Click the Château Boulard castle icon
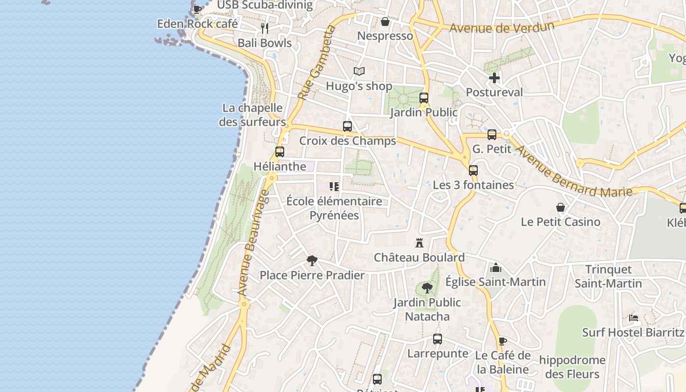coord(419,243)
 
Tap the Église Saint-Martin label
coord(495,282)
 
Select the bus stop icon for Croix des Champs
coord(347,126)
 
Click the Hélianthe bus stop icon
coord(280,152)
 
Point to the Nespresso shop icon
coord(385,22)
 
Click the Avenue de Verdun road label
coord(502,27)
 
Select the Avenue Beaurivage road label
coord(253,243)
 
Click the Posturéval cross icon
coord(494,78)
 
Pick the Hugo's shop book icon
coord(359,72)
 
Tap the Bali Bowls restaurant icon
coord(265,28)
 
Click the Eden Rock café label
coord(197,24)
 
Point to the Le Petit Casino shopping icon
coord(561,207)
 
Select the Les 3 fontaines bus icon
coord(473,171)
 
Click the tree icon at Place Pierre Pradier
coord(312,260)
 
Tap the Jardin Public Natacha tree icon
coord(427,288)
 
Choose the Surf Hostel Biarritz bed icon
coord(634,318)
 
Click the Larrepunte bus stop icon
coord(438,339)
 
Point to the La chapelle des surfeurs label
coord(252,115)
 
